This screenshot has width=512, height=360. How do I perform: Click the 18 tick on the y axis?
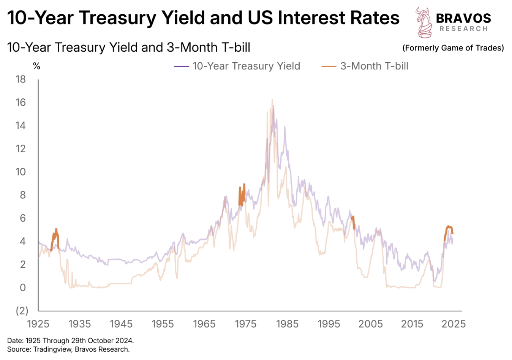click(x=21, y=79)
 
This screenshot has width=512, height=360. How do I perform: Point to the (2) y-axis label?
click(x=22, y=311)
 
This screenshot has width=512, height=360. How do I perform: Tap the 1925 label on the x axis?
click(x=38, y=324)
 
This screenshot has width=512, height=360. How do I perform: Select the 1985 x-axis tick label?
click(x=287, y=324)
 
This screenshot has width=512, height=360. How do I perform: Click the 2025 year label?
click(x=454, y=324)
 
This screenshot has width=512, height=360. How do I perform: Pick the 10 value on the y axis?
click(x=21, y=172)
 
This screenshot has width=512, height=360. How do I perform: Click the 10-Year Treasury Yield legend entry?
click(x=246, y=66)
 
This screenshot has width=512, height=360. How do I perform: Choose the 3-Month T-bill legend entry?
click(x=374, y=66)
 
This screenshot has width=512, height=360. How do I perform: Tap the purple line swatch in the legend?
click(x=181, y=66)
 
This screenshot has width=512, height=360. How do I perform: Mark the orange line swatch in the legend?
click(x=329, y=66)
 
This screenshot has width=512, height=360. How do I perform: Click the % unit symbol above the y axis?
click(x=36, y=66)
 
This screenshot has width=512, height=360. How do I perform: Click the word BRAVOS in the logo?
click(x=463, y=18)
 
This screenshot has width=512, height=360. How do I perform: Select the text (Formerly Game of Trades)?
click(x=453, y=48)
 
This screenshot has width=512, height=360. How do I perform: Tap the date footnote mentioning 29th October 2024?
click(x=70, y=341)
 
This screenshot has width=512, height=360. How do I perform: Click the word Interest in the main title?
click(x=314, y=18)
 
